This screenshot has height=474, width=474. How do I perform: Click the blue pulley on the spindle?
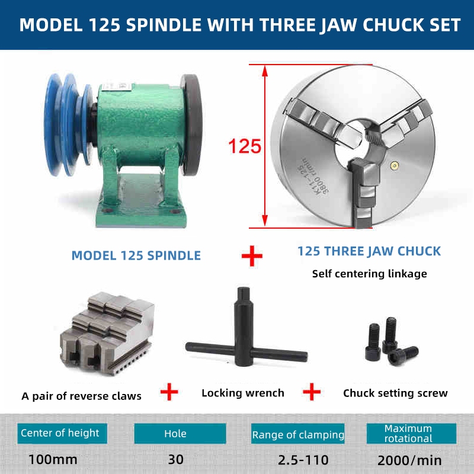(65, 124)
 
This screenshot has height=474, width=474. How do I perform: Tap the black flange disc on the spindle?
(191, 127)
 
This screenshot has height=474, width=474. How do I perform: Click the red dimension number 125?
(245, 146)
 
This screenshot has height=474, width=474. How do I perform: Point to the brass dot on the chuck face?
(394, 165)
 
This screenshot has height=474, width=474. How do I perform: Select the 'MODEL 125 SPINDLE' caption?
(136, 256)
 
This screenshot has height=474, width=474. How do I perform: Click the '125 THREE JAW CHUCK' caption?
(369, 251)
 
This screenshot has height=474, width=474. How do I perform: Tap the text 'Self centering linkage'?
(369, 274)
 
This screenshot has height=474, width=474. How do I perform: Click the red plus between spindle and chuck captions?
(252, 256)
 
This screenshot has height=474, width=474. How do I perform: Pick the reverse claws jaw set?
(107, 333)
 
